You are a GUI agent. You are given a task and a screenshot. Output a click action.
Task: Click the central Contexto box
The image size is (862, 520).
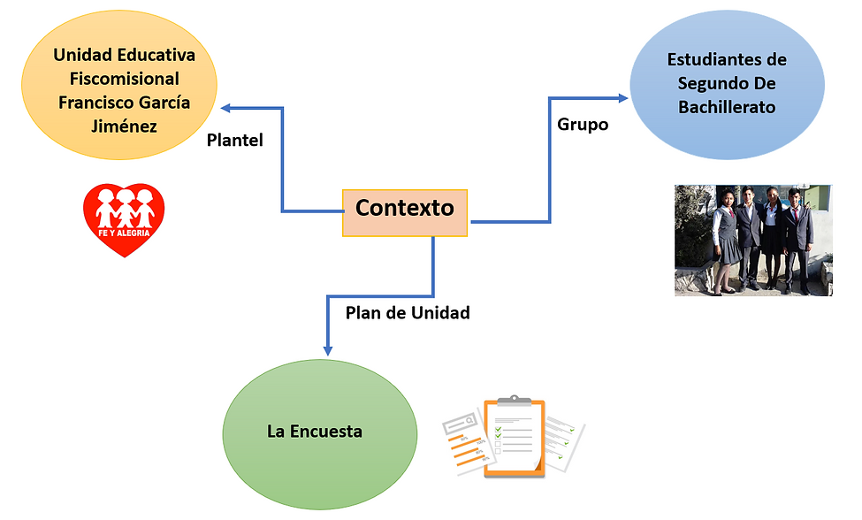[405, 211]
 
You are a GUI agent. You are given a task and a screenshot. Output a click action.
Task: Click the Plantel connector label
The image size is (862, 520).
[234, 140]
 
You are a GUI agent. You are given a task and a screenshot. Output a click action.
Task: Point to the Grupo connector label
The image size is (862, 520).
[583, 125]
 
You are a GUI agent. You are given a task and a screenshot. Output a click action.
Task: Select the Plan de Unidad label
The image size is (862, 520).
[408, 312]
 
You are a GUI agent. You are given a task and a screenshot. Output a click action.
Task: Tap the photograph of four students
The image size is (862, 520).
[753, 239]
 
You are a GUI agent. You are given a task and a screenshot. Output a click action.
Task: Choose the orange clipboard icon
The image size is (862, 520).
[515, 440]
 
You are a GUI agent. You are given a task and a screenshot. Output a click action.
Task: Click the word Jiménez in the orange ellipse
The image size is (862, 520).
[124, 126]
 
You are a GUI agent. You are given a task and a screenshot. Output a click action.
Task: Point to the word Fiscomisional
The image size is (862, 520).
[124, 79]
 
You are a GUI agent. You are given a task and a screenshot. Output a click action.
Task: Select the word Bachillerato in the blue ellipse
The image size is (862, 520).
[727, 108]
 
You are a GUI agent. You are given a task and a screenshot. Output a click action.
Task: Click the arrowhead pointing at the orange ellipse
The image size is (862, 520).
[226, 108]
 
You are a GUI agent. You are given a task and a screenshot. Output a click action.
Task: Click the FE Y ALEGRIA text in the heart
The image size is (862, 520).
[125, 233]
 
